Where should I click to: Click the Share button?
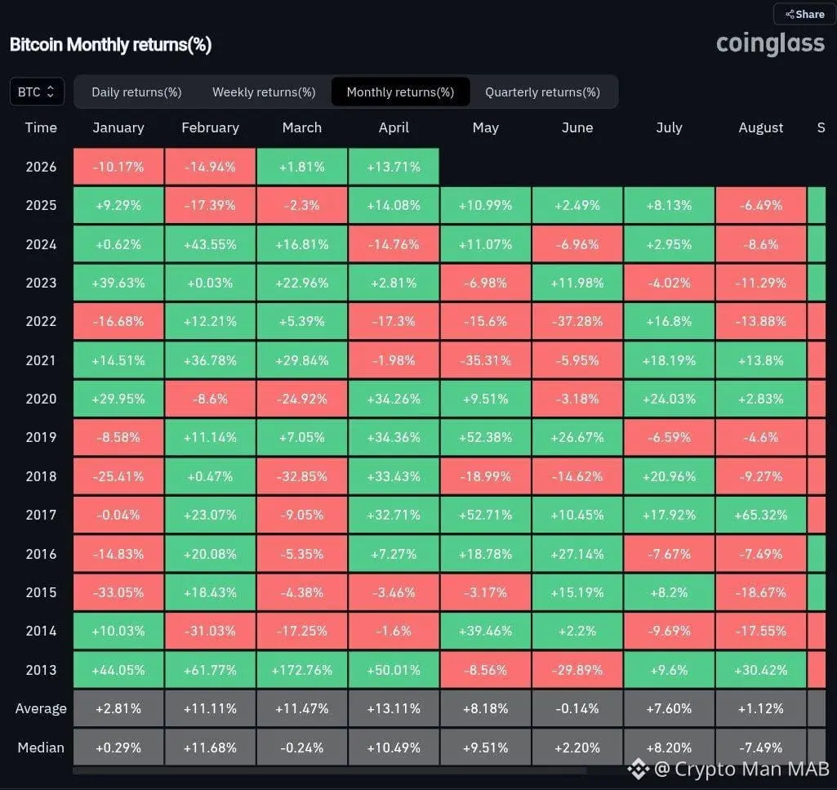coord(804,14)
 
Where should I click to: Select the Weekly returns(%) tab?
coord(264,91)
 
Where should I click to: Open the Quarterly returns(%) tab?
coord(542,91)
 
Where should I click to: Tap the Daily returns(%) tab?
coord(136,91)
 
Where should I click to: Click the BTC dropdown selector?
coord(37,91)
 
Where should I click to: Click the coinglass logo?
coord(770,43)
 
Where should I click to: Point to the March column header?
coord(302,127)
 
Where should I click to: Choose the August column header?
coord(760,127)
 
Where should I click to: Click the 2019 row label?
coord(41,437)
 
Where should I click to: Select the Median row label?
coord(41,747)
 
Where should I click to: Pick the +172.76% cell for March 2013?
coord(302,670)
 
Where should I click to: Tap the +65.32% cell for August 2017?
coord(760,515)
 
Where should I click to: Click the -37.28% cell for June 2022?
coord(577,321)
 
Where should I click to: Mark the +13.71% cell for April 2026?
coord(394,167)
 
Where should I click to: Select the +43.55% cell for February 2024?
coord(210,244)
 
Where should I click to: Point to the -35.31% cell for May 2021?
coord(486,360)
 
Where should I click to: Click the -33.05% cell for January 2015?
coord(118,592)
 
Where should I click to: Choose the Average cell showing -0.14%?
coord(577,708)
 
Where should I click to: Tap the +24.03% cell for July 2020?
coord(669,399)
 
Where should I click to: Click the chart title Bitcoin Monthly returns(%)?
coord(111,44)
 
